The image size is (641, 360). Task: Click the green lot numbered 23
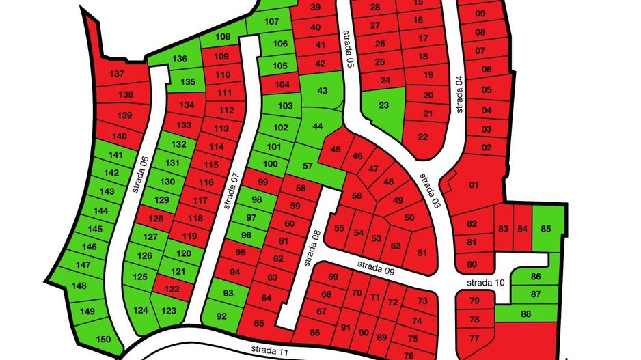pyautogui.click(x=383, y=105)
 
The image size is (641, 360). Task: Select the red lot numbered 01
pyautogui.click(x=474, y=184)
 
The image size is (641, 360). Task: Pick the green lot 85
pyautogui.click(x=545, y=229)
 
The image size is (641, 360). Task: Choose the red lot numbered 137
pyautogui.click(x=118, y=74)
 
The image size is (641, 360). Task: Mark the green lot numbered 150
pyautogui.click(x=103, y=340)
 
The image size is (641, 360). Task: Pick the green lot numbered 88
pyautogui.click(x=526, y=314)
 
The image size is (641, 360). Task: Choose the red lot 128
pyautogui.click(x=156, y=219)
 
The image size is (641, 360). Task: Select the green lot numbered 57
pyautogui.click(x=308, y=166)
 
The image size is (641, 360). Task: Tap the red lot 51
pyautogui.click(x=422, y=253)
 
